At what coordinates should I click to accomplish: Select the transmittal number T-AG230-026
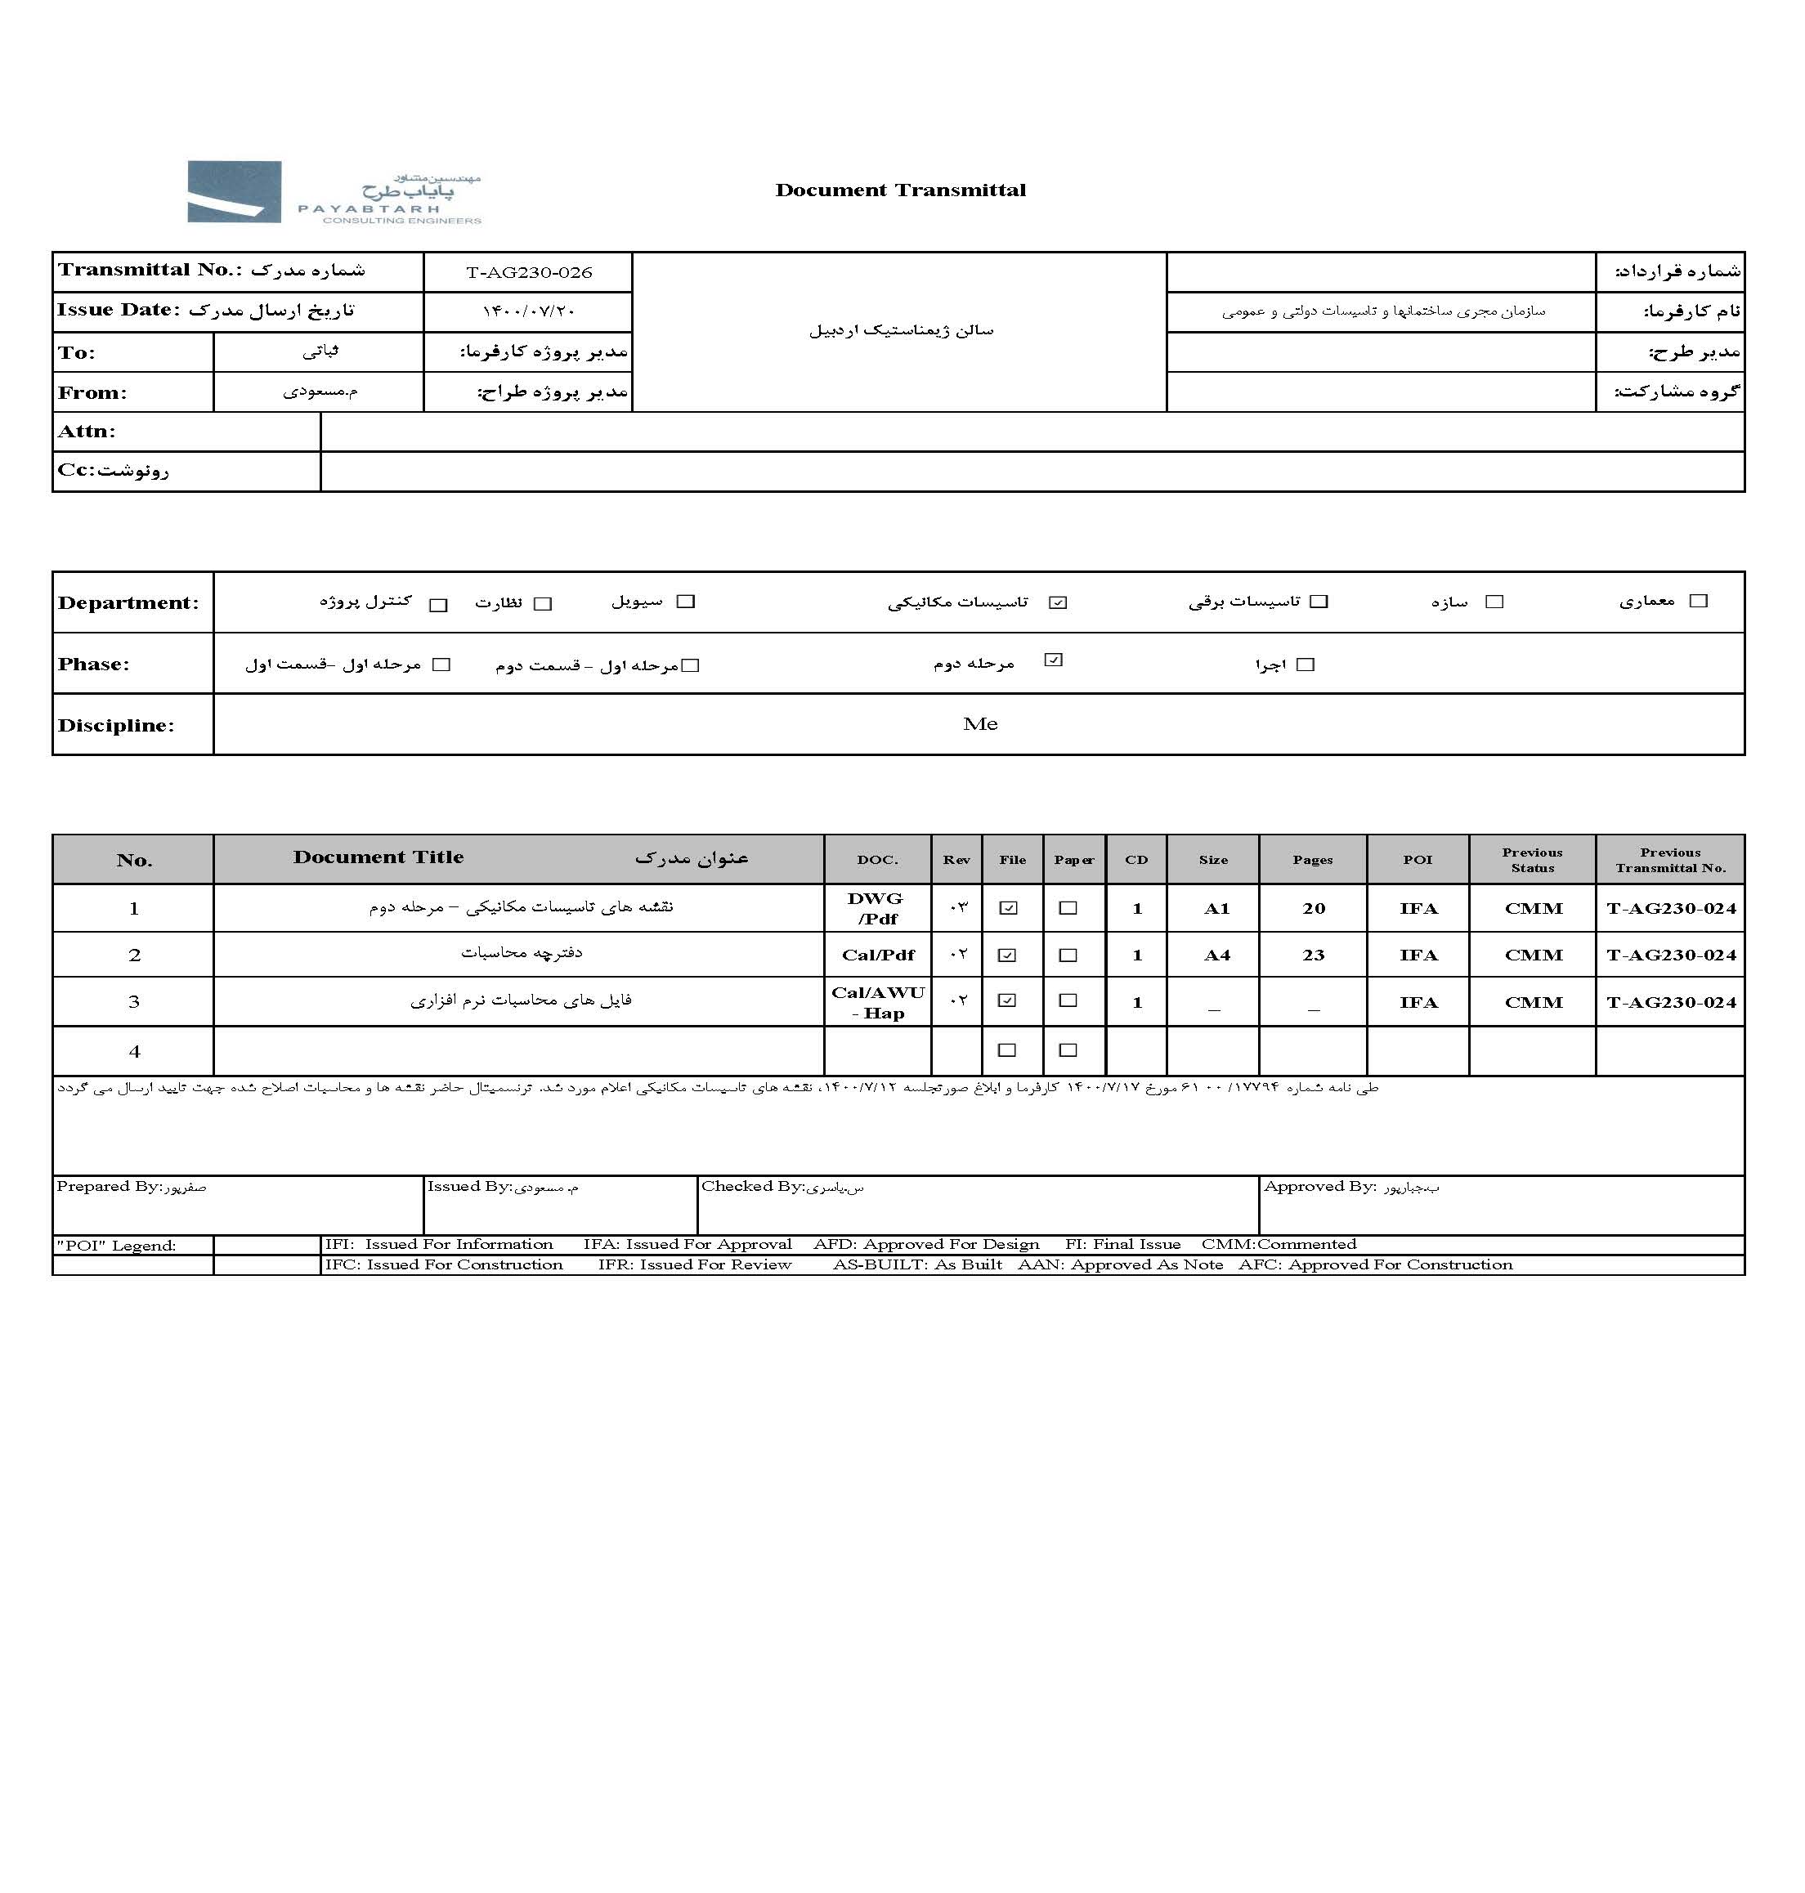coord(528,273)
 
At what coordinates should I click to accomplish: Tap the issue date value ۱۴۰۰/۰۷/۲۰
coord(528,311)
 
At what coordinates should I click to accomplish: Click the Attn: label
coord(87,432)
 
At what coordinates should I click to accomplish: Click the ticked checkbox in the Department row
coord(1059,603)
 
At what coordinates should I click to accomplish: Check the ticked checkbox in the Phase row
coord(1054,660)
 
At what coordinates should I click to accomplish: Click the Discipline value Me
coord(979,724)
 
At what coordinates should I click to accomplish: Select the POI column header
coord(1418,860)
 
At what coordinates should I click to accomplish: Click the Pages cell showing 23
coord(1314,955)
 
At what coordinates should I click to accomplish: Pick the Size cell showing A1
coord(1216,909)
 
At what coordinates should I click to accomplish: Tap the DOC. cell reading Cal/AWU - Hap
coord(877,1002)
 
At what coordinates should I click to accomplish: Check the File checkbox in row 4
coord(1007,1050)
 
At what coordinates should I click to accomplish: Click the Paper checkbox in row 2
coord(1068,955)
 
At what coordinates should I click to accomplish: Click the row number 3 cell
coord(134,1002)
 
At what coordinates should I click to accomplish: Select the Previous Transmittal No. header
coord(1670,860)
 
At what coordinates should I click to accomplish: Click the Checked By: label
coord(752,1187)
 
